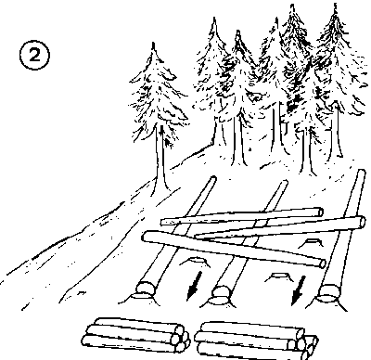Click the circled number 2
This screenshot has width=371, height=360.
[34, 56]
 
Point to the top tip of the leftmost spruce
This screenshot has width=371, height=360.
[153, 44]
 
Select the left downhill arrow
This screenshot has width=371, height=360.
[195, 286]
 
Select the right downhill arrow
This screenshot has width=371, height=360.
[299, 290]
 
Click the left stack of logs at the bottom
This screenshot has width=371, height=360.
[135, 335]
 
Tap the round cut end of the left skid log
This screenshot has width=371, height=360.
[145, 287]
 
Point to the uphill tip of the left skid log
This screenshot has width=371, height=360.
[213, 178]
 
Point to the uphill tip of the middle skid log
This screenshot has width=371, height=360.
[285, 182]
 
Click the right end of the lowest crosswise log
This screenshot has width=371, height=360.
[322, 264]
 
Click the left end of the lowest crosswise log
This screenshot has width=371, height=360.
[145, 237]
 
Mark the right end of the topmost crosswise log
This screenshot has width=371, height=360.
[320, 212]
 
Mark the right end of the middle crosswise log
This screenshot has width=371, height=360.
[361, 222]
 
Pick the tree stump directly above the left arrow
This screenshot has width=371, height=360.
[195, 262]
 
